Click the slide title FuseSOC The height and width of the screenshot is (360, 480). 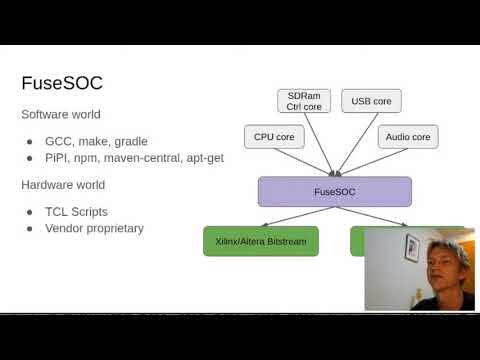pos(61,83)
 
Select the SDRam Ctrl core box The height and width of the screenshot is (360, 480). pos(303,101)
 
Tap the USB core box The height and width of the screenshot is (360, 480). pos(371,101)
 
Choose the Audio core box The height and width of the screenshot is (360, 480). pos(408,137)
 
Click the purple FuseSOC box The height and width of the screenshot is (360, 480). pos(334,191)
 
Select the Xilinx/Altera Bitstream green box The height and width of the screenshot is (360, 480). pos(261,241)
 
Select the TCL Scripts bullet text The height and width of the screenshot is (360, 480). pos(76,212)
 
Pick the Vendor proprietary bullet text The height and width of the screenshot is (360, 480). pos(94,228)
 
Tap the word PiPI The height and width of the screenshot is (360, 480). pos(58,157)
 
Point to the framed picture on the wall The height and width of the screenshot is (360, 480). pos(411,246)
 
